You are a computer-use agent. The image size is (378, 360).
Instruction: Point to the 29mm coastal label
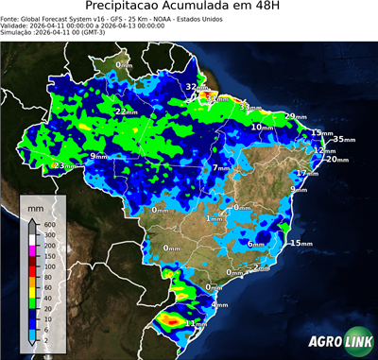296,116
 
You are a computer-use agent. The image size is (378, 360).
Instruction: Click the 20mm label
337,159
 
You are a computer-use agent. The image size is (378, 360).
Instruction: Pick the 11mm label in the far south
197,323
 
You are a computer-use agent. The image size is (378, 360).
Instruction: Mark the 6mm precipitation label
256,244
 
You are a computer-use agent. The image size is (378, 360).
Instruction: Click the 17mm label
306,174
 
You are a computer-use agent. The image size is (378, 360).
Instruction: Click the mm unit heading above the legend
35,204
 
